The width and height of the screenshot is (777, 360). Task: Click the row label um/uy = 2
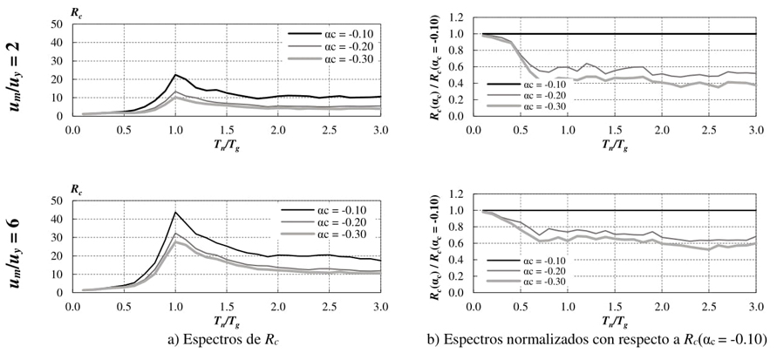(21, 66)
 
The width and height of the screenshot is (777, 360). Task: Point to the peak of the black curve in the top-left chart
(176, 75)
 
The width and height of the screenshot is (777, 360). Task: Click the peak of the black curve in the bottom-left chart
(176, 212)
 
